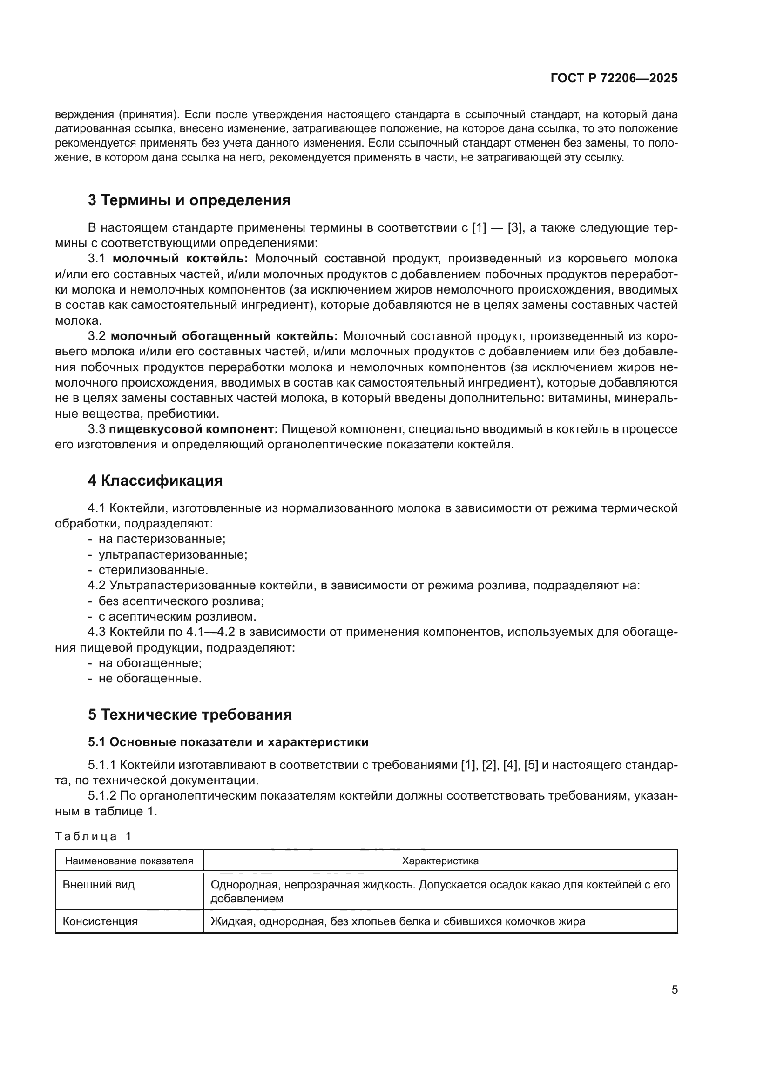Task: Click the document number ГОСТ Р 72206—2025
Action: coord(614,79)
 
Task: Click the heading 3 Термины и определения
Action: coord(189,200)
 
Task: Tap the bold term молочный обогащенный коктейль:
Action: coord(224,336)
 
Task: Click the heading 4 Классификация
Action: coord(155,481)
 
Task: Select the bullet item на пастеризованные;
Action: coord(162,539)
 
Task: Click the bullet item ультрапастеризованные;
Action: coord(173,554)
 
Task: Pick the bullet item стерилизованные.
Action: coord(153,570)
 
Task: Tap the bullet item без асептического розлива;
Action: coord(181,601)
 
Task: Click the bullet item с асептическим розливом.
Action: coord(177,617)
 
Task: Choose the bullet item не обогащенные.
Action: coord(150,679)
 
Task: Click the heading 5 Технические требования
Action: coord(189,714)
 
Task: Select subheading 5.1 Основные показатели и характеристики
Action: coord(228,742)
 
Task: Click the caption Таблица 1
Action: coord(93,836)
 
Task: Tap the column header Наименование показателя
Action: coord(129,861)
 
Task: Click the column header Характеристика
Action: coord(440,861)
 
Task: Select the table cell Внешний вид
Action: coord(99,885)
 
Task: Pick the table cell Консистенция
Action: coord(100,921)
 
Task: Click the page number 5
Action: coord(674,990)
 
